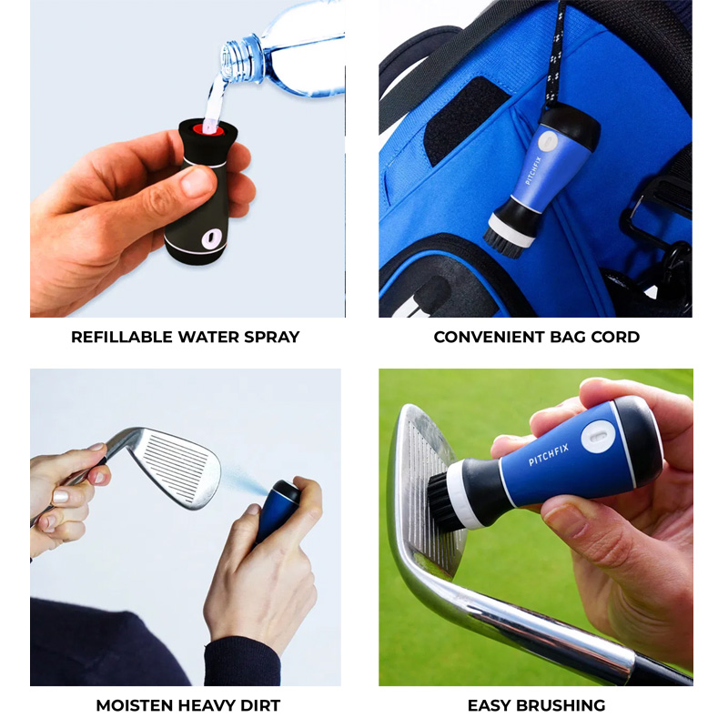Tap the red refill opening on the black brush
click(208, 128)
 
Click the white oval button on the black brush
click(212, 238)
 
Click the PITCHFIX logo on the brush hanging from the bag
click(534, 170)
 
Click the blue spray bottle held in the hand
click(278, 511)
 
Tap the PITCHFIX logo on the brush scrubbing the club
click(549, 453)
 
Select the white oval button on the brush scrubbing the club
click(598, 437)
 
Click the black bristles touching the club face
click(440, 498)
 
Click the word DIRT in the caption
click(261, 706)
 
